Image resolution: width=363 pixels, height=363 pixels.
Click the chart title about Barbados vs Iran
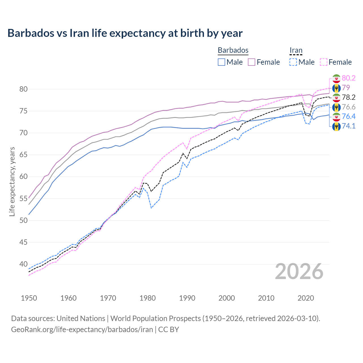pyautogui.click(x=125, y=33)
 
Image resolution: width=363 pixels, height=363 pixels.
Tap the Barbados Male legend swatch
pyautogui.click(x=221, y=62)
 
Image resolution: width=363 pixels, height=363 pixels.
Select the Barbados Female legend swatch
pyautogui.click(x=252, y=62)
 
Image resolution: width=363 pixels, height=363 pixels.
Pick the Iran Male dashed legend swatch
pyautogui.click(x=293, y=62)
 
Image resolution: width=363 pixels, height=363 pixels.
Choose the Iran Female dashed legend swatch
pyautogui.click(x=324, y=62)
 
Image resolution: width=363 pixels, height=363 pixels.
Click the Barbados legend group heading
pyautogui.click(x=233, y=50)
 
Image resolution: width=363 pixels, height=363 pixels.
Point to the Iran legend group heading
pyautogui.click(x=296, y=50)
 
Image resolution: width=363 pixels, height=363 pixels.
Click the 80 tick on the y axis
pyautogui.click(x=24, y=89)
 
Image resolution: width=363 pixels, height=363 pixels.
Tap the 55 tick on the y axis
pyautogui.click(x=24, y=199)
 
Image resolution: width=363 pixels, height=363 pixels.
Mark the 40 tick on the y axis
pyautogui.click(x=24, y=264)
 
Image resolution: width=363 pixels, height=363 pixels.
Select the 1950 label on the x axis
pyautogui.click(x=29, y=298)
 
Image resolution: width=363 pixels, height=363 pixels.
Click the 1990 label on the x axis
pyautogui.click(x=187, y=298)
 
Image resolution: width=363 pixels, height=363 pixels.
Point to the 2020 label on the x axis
pyautogui.click(x=306, y=298)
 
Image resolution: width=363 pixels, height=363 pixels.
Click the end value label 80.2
pyautogui.click(x=349, y=78)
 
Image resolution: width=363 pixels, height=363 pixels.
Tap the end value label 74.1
pyautogui.click(x=349, y=126)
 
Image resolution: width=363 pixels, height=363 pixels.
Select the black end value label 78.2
pyautogui.click(x=349, y=97)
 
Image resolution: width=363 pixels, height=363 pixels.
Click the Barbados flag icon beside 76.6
pyautogui.click(x=336, y=107)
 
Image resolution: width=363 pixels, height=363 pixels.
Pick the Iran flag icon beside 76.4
pyautogui.click(x=336, y=117)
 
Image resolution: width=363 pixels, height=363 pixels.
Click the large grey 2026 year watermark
pyautogui.click(x=299, y=271)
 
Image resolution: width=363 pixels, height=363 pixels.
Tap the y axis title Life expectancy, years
pyautogui.click(x=12, y=181)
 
